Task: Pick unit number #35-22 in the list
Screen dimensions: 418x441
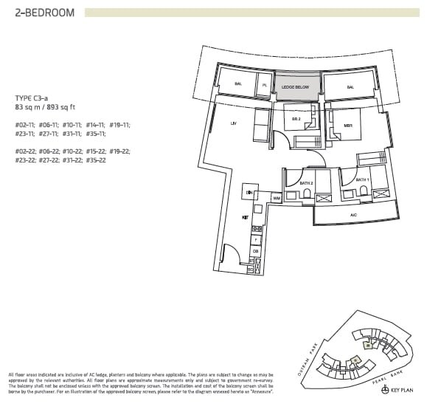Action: (x=95, y=160)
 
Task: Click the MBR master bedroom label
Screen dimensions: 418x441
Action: (x=348, y=125)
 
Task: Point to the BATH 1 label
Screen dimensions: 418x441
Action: (x=362, y=179)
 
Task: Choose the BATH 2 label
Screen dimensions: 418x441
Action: (x=307, y=182)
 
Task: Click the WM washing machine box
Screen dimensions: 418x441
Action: (x=276, y=198)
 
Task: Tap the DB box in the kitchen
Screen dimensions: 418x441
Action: (x=256, y=251)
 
